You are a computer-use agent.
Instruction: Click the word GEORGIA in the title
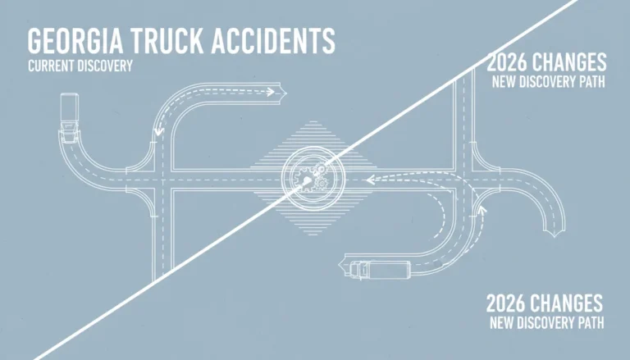click(75, 40)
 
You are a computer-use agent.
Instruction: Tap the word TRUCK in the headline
click(167, 40)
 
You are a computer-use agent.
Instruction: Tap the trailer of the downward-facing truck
click(69, 107)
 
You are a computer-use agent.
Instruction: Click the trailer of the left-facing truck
click(390, 269)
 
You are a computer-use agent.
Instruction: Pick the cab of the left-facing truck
click(358, 270)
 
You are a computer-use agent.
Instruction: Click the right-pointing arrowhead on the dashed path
click(270, 92)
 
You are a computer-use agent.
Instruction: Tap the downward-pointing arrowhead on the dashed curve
click(159, 131)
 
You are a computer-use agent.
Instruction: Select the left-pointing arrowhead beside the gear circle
click(371, 180)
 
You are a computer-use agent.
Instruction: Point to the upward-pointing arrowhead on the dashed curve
click(482, 210)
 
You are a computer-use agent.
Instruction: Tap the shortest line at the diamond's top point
click(313, 121)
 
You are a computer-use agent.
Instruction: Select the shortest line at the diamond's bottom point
click(313, 235)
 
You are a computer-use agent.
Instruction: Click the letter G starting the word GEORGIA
click(34, 40)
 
